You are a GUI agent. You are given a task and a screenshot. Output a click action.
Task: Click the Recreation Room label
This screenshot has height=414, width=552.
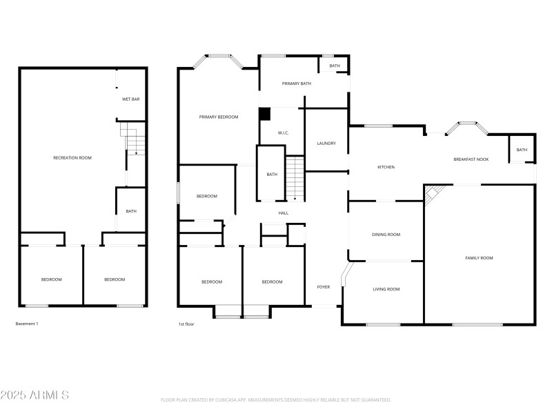tap(72, 158)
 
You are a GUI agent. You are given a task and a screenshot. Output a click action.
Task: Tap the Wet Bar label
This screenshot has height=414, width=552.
tap(131, 99)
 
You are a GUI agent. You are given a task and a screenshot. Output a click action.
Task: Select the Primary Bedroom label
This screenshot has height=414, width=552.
tap(219, 117)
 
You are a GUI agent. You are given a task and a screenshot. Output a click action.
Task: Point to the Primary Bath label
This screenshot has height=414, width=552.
tap(297, 83)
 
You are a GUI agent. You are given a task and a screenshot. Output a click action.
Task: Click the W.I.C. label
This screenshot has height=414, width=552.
tap(283, 132)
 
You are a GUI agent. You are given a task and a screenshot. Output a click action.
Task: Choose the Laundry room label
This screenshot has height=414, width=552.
tap(326, 144)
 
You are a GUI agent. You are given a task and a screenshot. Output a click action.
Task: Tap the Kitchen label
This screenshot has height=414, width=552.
tap(386, 167)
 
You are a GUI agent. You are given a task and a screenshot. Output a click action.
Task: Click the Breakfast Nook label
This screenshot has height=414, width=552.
tap(471, 159)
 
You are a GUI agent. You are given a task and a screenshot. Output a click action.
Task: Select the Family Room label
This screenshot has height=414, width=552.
tap(479, 258)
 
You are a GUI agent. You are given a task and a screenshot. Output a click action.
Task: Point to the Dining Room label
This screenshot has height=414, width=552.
tap(386, 235)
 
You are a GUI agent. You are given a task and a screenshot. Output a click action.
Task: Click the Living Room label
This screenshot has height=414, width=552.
tap(386, 289)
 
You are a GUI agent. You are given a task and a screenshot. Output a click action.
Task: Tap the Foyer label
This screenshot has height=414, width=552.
tap(324, 286)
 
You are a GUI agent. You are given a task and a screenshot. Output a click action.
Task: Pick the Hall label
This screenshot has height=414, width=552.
tap(283, 213)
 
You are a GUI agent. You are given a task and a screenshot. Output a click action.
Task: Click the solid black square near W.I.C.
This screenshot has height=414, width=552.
tap(264, 114)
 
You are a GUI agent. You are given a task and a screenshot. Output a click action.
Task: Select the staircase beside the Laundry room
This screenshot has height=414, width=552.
tap(295, 178)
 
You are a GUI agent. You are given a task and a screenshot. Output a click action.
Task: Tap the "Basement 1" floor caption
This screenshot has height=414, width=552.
tap(27, 324)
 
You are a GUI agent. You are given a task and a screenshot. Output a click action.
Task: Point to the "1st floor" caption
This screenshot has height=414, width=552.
tap(187, 324)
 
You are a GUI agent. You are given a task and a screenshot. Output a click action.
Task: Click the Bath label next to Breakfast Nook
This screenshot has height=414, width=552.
tap(522, 150)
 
